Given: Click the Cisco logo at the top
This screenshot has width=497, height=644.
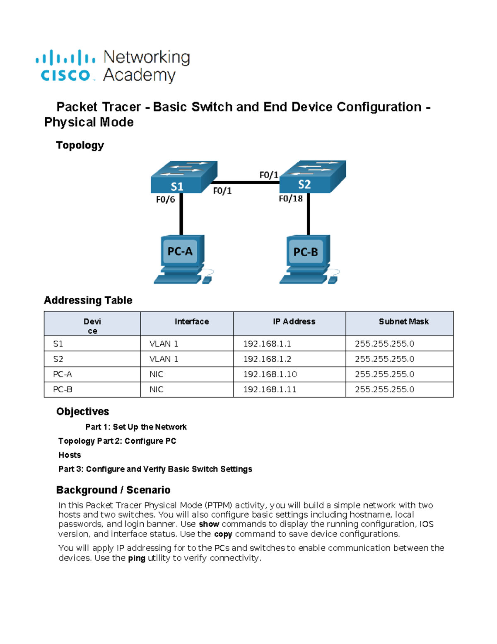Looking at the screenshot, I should click(x=65, y=66).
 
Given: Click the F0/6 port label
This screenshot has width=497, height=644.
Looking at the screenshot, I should click(x=165, y=199).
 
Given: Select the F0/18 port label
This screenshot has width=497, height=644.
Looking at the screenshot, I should click(x=291, y=199).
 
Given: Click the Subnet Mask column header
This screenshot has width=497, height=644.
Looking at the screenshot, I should click(x=403, y=321).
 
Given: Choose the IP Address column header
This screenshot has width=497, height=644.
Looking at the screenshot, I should click(x=294, y=321).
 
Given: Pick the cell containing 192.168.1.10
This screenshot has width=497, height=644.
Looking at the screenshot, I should click(x=270, y=374).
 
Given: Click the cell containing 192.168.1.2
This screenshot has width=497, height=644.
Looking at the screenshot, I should click(x=267, y=359).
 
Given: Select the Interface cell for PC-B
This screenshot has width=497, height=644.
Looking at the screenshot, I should click(x=157, y=389).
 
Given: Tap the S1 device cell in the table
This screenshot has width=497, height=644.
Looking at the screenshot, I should click(x=58, y=344).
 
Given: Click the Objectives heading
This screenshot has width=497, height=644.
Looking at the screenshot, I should click(x=82, y=411).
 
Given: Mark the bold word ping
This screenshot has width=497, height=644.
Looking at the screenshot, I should click(x=136, y=558).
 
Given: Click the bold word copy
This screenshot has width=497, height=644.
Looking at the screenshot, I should click(x=223, y=534).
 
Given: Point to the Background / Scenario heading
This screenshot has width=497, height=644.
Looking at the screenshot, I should click(x=113, y=490).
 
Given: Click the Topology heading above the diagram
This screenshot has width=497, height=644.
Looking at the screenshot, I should click(x=80, y=145).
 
